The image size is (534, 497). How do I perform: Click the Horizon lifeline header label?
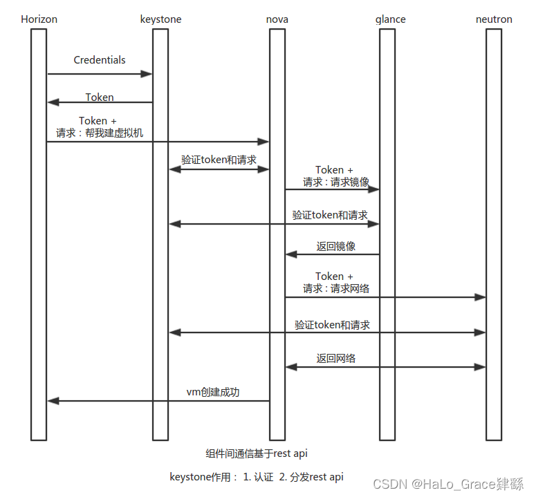point(39,19)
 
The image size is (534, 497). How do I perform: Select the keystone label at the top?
point(160,19)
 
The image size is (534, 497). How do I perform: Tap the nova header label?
point(277,19)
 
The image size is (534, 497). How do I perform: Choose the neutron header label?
point(494,19)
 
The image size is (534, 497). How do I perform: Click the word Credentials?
point(100,60)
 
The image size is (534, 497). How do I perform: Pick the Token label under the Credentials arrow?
point(100,97)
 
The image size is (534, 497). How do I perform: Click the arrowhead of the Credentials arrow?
point(147,73)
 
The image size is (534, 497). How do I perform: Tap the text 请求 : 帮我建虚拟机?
point(100,133)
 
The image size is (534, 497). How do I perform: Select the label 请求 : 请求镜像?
point(335,182)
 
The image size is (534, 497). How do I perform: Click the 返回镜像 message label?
point(336,247)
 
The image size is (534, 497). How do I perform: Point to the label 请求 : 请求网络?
point(335,288)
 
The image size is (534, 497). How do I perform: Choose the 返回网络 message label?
point(336,359)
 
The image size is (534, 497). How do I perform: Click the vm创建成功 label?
point(213,392)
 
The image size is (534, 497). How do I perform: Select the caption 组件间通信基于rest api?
point(257,453)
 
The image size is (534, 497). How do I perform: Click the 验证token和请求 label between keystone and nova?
point(219,160)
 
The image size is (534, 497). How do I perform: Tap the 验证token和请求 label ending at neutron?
point(332,325)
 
